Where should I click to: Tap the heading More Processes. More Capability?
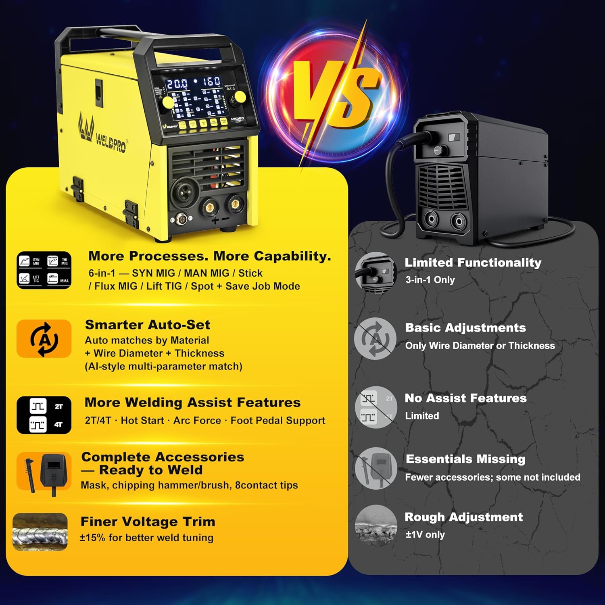coord(209,256)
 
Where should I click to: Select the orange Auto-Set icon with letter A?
coord(44,339)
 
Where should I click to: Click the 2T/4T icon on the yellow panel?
coord(44,415)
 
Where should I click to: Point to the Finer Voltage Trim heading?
coord(148,522)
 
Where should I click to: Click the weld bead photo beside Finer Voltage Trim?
coord(40,532)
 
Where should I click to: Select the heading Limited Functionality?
coord(473,263)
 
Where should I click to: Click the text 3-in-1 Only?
coord(430,280)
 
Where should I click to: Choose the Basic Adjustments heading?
coord(465,328)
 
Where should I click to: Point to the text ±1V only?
coord(425,535)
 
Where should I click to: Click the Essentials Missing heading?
coord(465,459)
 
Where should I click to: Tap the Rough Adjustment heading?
coord(463,517)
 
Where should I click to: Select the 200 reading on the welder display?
coord(177,84)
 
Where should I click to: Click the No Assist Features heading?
coord(465,398)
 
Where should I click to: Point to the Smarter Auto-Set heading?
coord(148,325)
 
